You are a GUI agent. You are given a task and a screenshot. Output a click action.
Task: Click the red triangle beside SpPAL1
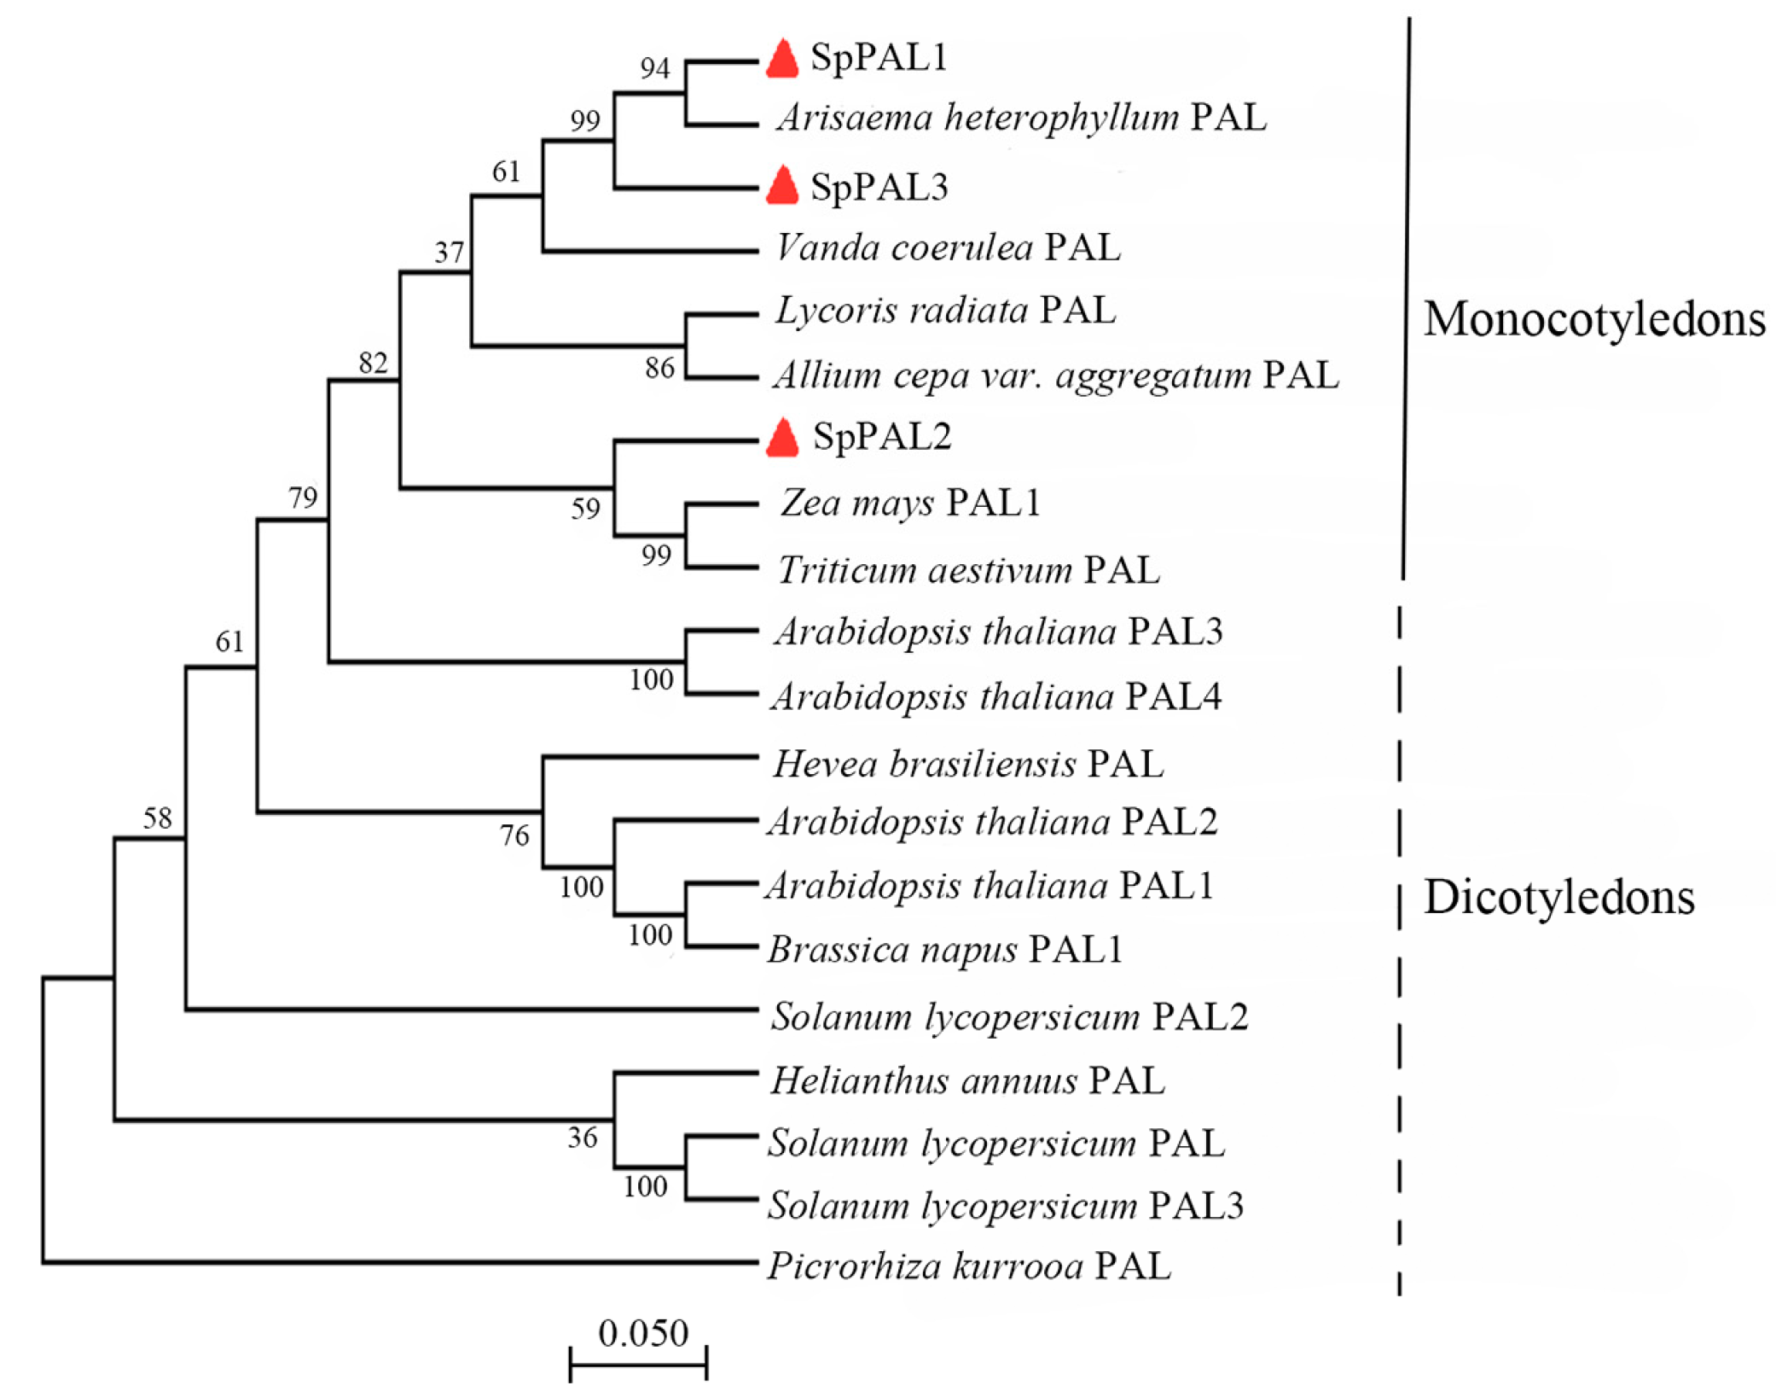[781, 60]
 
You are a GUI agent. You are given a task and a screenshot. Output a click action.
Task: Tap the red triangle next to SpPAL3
[781, 186]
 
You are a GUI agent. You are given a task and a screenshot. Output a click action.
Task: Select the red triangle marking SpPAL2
[781, 439]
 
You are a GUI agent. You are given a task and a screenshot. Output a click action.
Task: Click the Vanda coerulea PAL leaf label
[947, 248]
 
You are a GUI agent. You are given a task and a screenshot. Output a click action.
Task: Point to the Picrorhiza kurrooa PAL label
[969, 1266]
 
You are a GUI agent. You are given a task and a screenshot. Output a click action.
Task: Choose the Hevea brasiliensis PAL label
[967, 764]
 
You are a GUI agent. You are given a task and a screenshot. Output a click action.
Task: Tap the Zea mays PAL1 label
[909, 503]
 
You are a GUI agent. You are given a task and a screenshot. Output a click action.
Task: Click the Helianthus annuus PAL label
[967, 1081]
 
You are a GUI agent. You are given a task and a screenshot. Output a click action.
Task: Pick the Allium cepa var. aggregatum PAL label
[1056, 375]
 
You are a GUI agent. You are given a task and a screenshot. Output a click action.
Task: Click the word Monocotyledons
[1593, 319]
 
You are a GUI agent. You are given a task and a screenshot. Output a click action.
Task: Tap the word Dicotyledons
[1558, 898]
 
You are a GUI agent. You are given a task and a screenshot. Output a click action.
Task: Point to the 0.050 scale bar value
[642, 1333]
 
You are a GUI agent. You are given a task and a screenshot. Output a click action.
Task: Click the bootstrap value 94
[655, 68]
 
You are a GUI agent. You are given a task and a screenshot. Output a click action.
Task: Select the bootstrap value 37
[450, 253]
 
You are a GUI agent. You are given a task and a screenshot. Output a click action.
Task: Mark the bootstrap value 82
[374, 364]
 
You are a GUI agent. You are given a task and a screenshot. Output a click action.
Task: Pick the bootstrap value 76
[514, 835]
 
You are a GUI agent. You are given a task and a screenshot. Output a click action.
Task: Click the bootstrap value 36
[583, 1138]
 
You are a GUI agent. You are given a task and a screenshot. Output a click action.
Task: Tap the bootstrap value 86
[659, 369]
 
